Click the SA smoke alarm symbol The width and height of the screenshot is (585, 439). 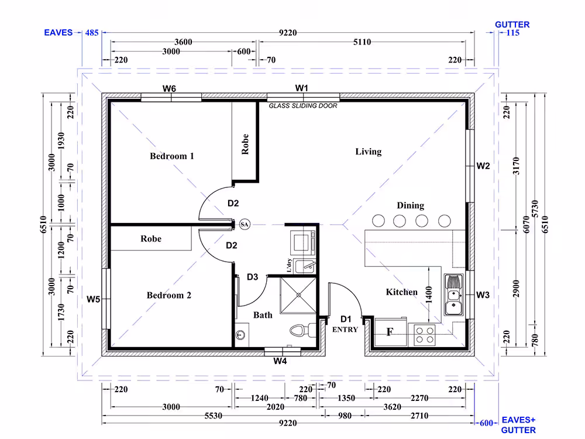point(245,224)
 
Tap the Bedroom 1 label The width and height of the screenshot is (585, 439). point(172,156)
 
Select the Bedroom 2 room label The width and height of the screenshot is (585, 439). point(169,295)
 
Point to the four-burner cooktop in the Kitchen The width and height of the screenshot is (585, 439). point(425,335)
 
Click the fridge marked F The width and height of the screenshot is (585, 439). point(391,332)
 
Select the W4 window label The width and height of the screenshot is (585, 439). point(280,361)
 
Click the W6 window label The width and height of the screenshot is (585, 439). point(169,88)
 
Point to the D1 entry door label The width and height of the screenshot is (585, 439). point(346,319)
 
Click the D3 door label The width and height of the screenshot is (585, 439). point(253,277)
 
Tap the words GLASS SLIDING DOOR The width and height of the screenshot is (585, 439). point(303,105)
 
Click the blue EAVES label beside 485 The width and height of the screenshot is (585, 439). point(58,32)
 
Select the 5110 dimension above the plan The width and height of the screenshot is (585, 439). point(362,42)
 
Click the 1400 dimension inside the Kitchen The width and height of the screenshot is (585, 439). point(429,294)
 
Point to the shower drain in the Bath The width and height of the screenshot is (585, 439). point(298,295)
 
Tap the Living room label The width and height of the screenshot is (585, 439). point(368,152)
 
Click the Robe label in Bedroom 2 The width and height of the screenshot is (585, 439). point(151,239)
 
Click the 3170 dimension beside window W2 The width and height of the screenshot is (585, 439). point(516,166)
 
